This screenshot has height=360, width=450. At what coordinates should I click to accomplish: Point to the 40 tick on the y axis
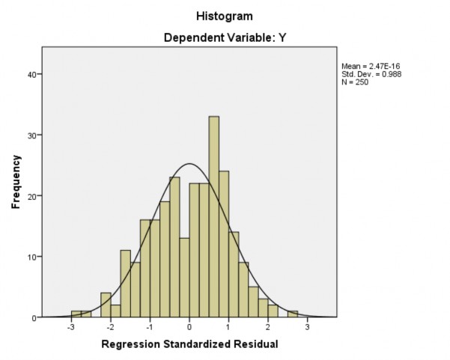click(x=34, y=74)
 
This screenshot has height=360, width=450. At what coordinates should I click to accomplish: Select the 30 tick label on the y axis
click(x=34, y=135)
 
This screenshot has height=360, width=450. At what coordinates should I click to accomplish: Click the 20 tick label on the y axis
click(x=34, y=196)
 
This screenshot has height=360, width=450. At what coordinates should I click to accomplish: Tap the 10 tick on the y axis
click(x=34, y=257)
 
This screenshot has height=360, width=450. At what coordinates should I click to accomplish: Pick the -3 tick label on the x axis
click(x=70, y=327)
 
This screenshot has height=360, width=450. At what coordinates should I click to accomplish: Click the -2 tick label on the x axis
click(x=110, y=327)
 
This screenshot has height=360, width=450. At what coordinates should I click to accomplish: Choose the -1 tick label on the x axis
click(x=149, y=327)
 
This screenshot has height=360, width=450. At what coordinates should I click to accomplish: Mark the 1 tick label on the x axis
click(x=229, y=327)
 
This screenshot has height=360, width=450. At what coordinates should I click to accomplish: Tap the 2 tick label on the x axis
click(x=268, y=327)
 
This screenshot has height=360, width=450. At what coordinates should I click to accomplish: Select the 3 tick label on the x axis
click(x=308, y=327)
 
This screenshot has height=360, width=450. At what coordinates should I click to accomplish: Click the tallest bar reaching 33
click(x=213, y=217)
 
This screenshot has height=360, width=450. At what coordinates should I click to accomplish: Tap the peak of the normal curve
click(x=189, y=164)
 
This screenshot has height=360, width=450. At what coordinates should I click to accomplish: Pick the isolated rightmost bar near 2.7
click(x=293, y=314)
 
